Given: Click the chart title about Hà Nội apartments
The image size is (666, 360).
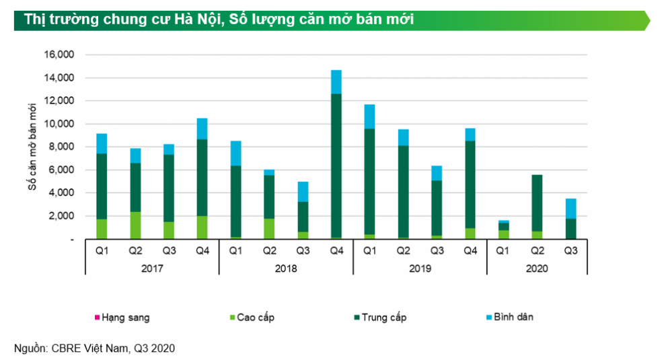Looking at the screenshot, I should point(219,20).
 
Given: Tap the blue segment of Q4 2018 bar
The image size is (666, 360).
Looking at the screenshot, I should point(336,81).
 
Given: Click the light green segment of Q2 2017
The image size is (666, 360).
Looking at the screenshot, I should point(135,225).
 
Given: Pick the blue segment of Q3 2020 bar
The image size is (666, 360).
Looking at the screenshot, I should point(570,209).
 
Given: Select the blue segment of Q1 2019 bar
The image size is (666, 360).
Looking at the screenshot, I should point(370,116).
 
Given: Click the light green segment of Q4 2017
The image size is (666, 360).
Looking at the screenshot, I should point(202,227).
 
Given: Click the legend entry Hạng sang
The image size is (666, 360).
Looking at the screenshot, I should point(122,317).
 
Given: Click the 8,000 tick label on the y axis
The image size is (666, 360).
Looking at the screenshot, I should point(61,147).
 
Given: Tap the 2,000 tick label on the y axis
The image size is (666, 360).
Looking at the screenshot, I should point(61,216).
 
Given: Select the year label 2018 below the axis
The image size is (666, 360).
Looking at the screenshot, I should point(286,267).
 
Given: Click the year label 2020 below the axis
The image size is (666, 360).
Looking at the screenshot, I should point(537,267).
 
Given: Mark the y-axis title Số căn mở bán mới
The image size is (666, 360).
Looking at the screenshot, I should point(32,147).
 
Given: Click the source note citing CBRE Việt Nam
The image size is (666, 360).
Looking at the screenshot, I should point(94,348).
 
